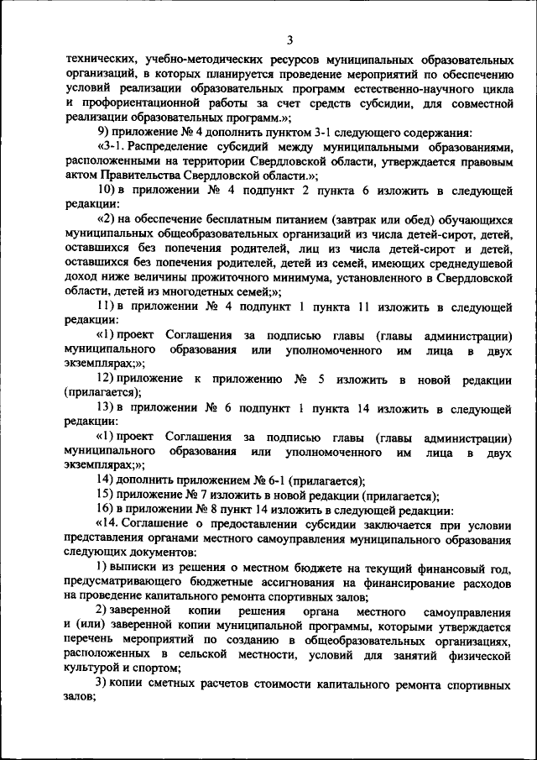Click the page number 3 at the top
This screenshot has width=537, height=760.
(x=288, y=39)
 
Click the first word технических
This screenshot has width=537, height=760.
(x=98, y=61)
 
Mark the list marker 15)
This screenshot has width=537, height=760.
(x=107, y=495)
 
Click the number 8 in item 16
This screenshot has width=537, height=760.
(x=223, y=508)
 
